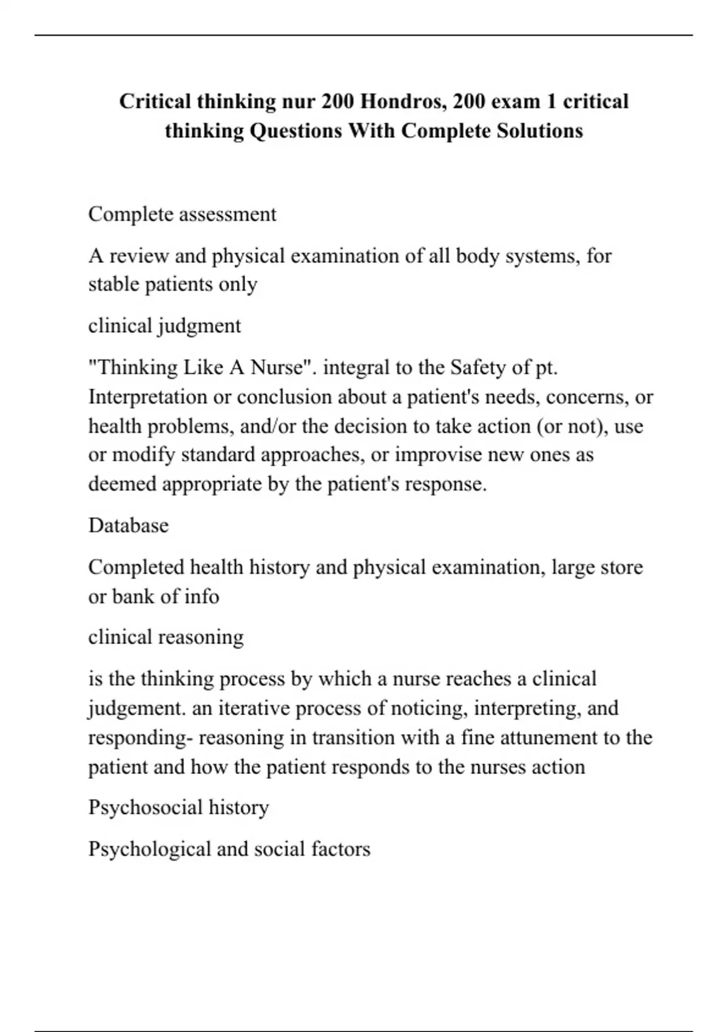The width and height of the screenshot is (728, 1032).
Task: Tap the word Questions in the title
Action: [x=296, y=131]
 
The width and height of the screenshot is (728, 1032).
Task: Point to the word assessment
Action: [x=228, y=214]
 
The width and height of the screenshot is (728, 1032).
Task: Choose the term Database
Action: [x=129, y=525]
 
